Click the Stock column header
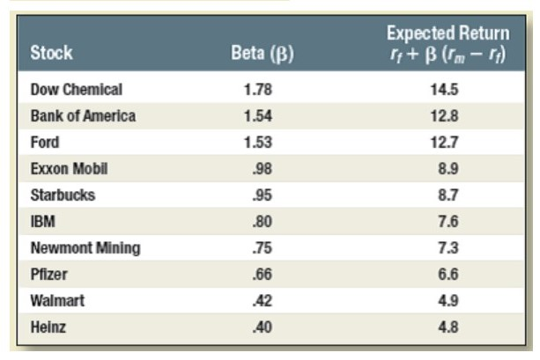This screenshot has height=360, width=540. click(x=51, y=53)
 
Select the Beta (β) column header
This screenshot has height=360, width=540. click(x=263, y=54)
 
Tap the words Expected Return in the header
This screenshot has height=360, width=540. click(x=448, y=33)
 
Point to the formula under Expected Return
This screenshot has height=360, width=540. click(x=448, y=55)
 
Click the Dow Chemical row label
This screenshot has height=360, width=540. click(x=77, y=90)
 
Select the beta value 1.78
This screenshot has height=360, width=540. click(x=258, y=90)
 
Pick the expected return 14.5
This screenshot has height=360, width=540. click(x=444, y=90)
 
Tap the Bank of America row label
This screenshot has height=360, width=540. click(x=83, y=115)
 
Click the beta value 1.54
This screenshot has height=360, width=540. click(x=258, y=115)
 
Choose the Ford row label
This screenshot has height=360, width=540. click(x=45, y=142)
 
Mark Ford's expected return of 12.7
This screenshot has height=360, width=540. click(x=444, y=142)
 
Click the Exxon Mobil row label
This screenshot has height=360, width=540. click(x=70, y=169)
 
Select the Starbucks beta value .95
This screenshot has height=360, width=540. click(x=263, y=195)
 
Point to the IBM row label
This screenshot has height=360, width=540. click(x=42, y=221)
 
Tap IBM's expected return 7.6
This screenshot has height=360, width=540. click(x=448, y=221)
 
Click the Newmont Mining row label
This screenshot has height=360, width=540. click(x=85, y=248)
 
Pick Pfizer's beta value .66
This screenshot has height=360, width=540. click(x=263, y=275)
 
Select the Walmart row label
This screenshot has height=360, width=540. click(x=57, y=300)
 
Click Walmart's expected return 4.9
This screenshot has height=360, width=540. click(x=448, y=300)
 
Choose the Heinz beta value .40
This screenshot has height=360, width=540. click(x=263, y=327)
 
